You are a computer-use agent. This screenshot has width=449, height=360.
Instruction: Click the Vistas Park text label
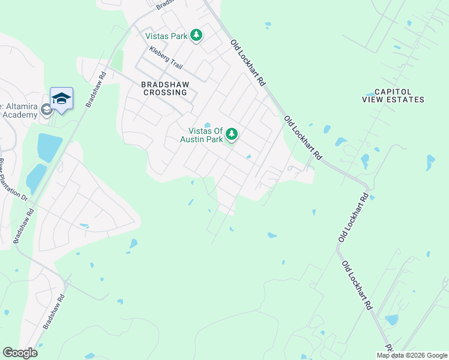(167, 37)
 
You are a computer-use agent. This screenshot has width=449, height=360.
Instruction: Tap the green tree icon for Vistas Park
(196, 36)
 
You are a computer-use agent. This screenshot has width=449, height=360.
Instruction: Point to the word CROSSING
(164, 93)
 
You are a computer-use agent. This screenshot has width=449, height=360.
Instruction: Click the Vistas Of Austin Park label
(206, 135)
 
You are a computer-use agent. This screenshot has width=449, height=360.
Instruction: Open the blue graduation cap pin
(61, 98)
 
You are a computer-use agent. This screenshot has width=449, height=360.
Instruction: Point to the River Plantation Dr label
(13, 179)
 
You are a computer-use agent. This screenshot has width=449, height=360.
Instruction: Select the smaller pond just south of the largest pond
(35, 176)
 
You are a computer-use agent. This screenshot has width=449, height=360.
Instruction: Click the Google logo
(20, 352)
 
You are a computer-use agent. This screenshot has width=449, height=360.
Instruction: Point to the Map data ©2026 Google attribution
(412, 355)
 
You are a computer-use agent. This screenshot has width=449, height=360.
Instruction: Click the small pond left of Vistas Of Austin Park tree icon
(207, 125)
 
